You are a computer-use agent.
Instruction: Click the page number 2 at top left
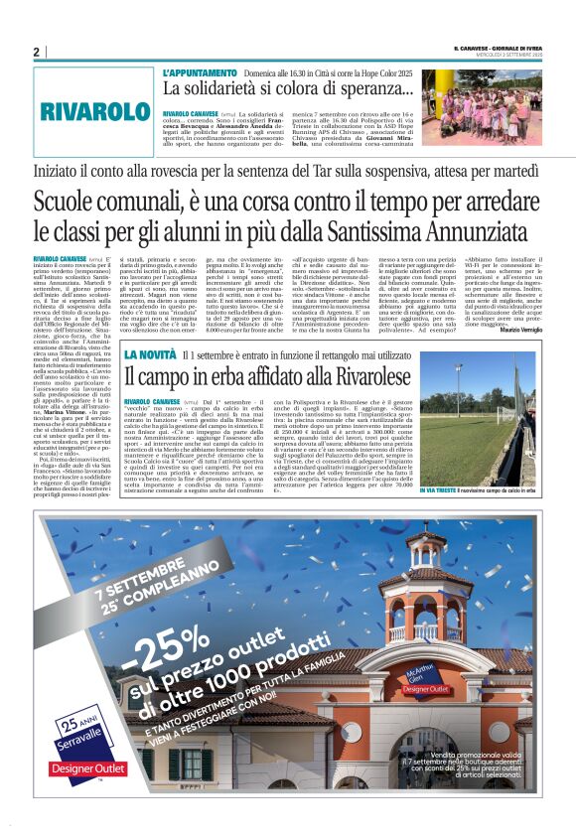click(36, 52)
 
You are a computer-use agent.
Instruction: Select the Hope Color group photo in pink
click(496, 107)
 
